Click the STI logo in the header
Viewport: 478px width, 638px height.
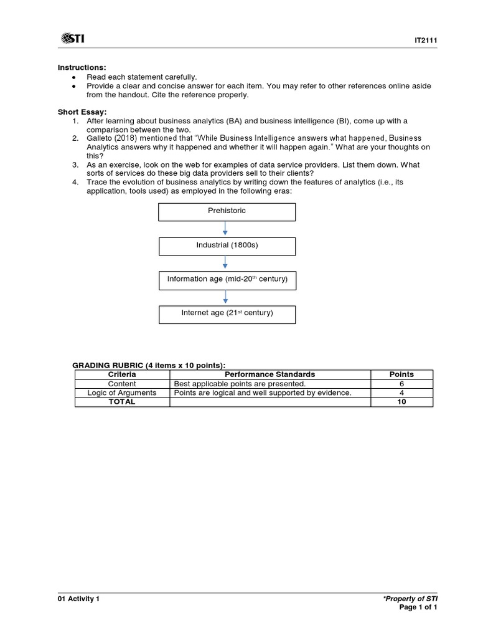(73, 39)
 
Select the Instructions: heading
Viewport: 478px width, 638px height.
(82, 67)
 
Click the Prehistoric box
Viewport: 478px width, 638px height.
(227, 211)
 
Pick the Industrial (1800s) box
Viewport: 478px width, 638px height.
(227, 245)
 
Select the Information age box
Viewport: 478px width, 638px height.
(227, 280)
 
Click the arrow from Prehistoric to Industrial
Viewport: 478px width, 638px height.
(226, 229)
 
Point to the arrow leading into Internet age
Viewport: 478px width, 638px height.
(226, 297)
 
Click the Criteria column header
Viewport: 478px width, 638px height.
(122, 374)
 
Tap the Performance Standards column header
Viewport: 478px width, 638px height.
(269, 374)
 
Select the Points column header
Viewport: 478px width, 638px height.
(401, 374)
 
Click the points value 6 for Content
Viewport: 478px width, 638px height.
(401, 384)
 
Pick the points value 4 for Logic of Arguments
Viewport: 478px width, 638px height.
(401, 393)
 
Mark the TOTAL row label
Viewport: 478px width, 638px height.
(122, 402)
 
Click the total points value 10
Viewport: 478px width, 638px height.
(401, 402)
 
